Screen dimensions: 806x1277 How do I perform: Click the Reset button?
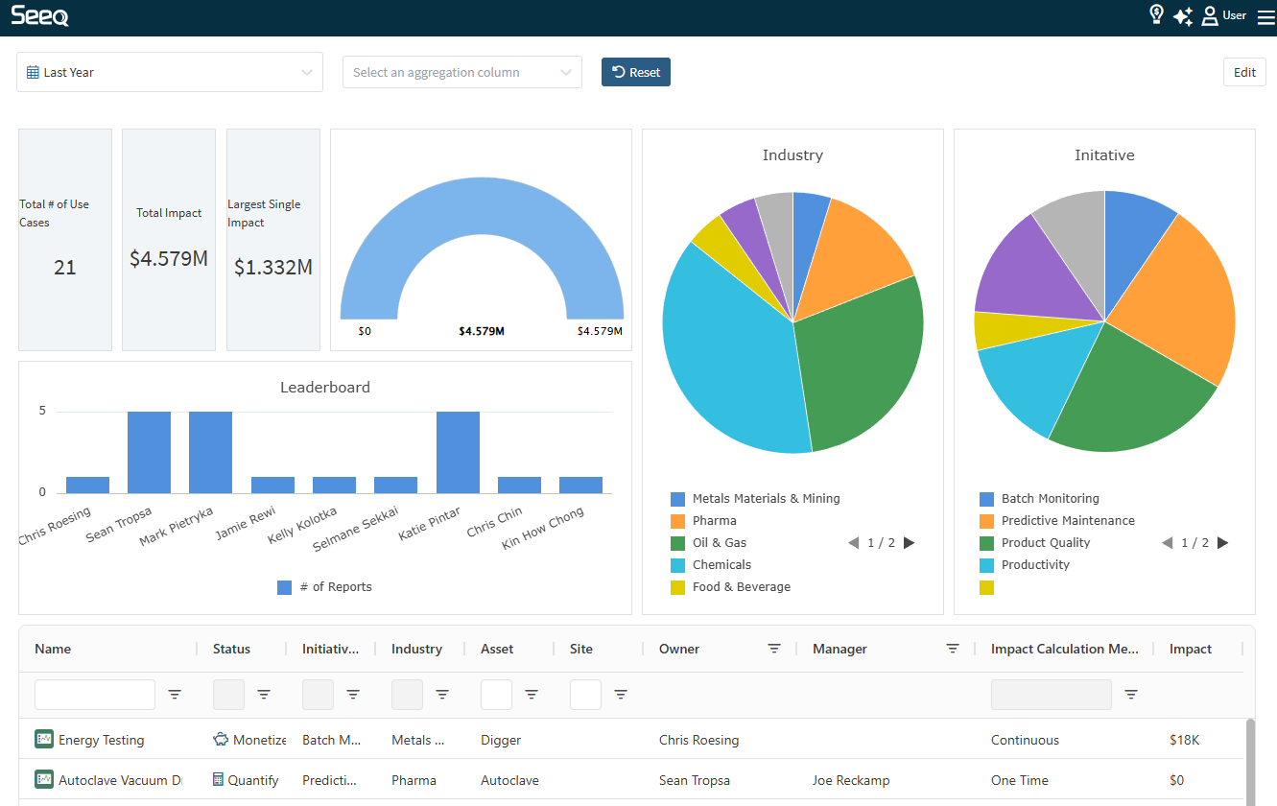[x=636, y=72]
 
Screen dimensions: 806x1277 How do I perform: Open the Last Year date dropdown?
[x=169, y=72]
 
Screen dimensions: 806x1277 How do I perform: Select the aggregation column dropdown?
[x=461, y=72]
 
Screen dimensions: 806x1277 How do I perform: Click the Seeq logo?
[x=39, y=15]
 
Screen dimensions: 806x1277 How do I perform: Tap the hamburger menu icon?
[x=1265, y=16]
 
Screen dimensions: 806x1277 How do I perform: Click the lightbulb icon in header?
[x=1156, y=14]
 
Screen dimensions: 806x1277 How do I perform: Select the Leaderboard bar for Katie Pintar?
[x=458, y=452]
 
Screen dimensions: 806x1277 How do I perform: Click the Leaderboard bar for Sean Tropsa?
[x=149, y=452]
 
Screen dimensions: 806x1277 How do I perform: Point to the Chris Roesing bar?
[x=87, y=485]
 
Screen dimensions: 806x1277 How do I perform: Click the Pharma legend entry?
[x=714, y=521]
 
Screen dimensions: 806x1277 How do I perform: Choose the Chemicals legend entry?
[x=721, y=565]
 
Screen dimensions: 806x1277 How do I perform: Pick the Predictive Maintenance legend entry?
[x=1067, y=521]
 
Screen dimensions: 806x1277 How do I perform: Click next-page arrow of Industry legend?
[x=910, y=543]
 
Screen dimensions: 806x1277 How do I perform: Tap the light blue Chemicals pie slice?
[x=729, y=365]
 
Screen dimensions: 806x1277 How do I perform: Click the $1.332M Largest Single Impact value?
[x=273, y=268]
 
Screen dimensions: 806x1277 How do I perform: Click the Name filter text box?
[x=94, y=695]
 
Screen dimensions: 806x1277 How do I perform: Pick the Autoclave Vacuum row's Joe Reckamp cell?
[x=850, y=781]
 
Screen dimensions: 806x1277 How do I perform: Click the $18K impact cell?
[x=1184, y=741]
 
